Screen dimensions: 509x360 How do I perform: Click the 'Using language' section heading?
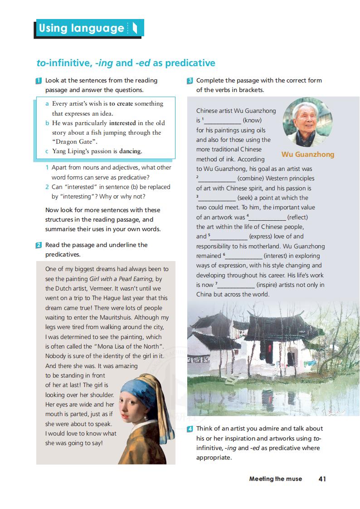82,29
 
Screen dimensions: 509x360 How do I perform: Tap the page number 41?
322,479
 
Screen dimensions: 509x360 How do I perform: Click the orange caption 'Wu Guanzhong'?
307,155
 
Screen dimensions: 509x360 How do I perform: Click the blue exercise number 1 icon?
39,81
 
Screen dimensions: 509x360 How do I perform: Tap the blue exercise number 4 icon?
190,429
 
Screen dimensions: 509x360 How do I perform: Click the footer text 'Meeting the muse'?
275,479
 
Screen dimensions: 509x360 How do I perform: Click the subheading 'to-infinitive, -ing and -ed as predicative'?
126,63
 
